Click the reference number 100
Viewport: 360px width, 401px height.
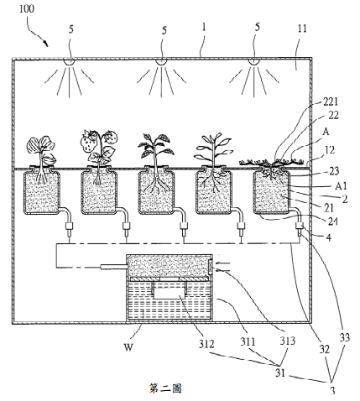click(27, 8)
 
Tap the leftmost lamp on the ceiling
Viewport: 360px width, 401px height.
click(69, 62)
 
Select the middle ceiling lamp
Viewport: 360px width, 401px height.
click(161, 62)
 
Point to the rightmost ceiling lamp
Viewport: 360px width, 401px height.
click(253, 62)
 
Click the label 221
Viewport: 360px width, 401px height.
click(331, 102)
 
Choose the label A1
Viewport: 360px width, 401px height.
click(341, 185)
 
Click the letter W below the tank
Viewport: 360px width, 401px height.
click(128, 347)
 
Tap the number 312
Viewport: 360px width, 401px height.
click(206, 344)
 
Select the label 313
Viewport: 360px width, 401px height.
click(288, 341)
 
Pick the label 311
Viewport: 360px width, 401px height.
click(248, 341)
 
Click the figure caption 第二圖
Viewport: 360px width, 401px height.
click(165, 388)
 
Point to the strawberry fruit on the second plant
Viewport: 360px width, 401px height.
click(88, 142)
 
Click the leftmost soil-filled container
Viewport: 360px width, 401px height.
click(42, 193)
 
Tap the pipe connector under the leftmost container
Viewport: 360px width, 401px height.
click(69, 227)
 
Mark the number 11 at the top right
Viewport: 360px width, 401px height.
click(302, 29)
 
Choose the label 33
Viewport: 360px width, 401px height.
click(345, 337)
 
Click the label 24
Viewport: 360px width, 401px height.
click(332, 221)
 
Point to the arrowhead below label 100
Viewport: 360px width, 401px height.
click(45, 43)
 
